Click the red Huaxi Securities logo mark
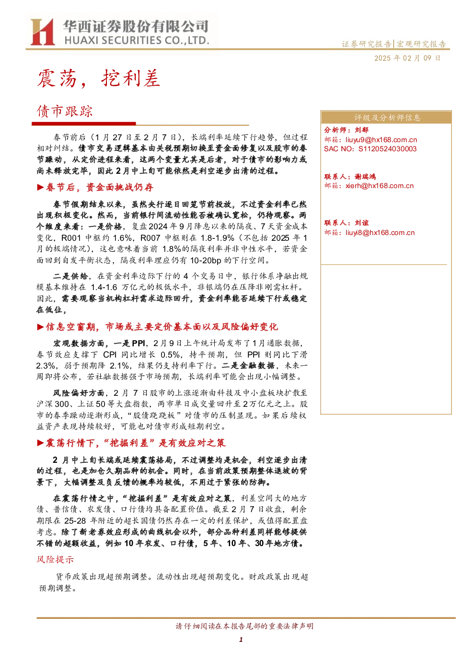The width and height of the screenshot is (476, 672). point(42,32)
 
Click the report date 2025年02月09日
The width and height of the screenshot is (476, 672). point(407,58)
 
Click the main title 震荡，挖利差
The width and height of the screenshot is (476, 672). point(99,78)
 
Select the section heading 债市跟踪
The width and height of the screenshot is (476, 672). point(65,112)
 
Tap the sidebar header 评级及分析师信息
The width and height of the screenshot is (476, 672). point(387,118)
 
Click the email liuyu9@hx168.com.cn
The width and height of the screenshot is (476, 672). point(381,140)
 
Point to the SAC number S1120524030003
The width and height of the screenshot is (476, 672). point(387,149)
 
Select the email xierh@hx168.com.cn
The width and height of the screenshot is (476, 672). point(380,186)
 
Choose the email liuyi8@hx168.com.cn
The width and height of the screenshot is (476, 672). point(380,233)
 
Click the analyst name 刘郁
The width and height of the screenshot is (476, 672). point(361,130)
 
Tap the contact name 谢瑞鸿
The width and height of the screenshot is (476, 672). point(365,177)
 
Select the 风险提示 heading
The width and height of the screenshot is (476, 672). point(55,560)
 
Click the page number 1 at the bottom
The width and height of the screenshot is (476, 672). point(241,639)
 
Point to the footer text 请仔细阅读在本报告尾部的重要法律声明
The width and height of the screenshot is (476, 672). point(244,626)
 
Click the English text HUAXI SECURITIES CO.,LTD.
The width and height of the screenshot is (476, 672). point(137,40)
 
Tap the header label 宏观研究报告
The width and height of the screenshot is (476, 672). point(421,45)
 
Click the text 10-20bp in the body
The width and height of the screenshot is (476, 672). point(206,260)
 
